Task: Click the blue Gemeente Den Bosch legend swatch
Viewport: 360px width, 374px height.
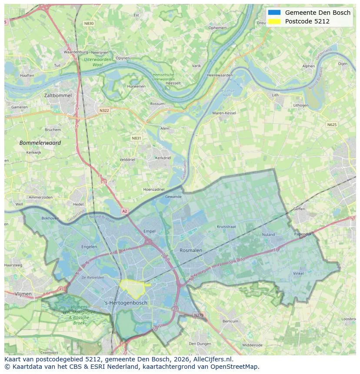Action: coord(274,13)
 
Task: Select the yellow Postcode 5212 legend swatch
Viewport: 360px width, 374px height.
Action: coord(274,21)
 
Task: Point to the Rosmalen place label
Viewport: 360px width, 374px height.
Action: coord(191,250)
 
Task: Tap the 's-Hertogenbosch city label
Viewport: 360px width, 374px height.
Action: coord(126,303)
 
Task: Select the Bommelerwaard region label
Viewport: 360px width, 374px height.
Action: coord(40,142)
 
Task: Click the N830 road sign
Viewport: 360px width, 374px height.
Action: coord(89,23)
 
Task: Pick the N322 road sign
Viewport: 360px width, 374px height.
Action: coord(104,110)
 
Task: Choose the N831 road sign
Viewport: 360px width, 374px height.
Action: coord(137,138)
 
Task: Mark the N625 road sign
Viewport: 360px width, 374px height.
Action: coord(331,125)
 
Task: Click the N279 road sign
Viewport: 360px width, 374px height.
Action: coord(198,315)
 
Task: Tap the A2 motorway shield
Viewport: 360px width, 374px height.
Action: coord(125,211)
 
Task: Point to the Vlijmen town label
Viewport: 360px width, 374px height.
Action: coord(23,294)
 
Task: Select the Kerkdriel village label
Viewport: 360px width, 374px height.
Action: coord(163,158)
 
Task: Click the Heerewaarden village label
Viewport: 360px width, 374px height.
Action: coord(220,75)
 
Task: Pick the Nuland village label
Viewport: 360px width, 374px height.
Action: coord(268,235)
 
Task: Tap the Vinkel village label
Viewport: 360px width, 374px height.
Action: coord(298,273)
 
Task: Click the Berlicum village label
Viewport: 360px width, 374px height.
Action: coord(230,321)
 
